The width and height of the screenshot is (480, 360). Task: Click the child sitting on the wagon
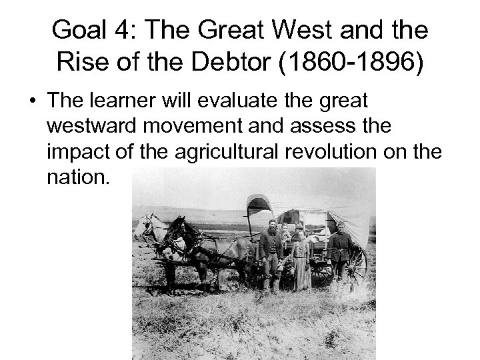click(x=285, y=233)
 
